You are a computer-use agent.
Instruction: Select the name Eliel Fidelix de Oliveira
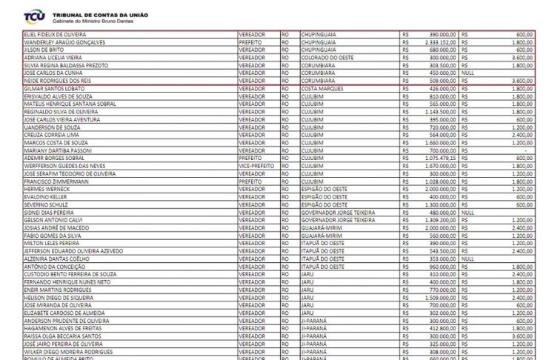pos(55,34)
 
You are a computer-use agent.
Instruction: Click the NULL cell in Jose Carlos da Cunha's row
pos(468,73)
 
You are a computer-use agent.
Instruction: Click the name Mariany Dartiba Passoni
pos(59,150)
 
